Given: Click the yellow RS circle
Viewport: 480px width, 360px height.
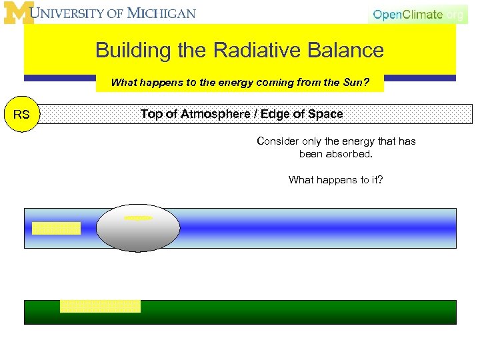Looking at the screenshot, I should tap(21, 115).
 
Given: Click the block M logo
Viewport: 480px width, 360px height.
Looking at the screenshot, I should tap(18, 13).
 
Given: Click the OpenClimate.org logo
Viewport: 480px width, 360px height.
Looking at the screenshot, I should tap(417, 14).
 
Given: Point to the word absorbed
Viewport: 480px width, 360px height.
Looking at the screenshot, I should tap(349, 154).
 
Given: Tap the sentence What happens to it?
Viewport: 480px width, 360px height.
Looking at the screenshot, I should tap(335, 180).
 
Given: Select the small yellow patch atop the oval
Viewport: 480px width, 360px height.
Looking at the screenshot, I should tap(138, 217).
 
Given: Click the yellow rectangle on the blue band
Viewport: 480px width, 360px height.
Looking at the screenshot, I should tap(56, 228).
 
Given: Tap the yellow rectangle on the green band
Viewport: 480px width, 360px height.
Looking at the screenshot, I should tap(100, 306).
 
